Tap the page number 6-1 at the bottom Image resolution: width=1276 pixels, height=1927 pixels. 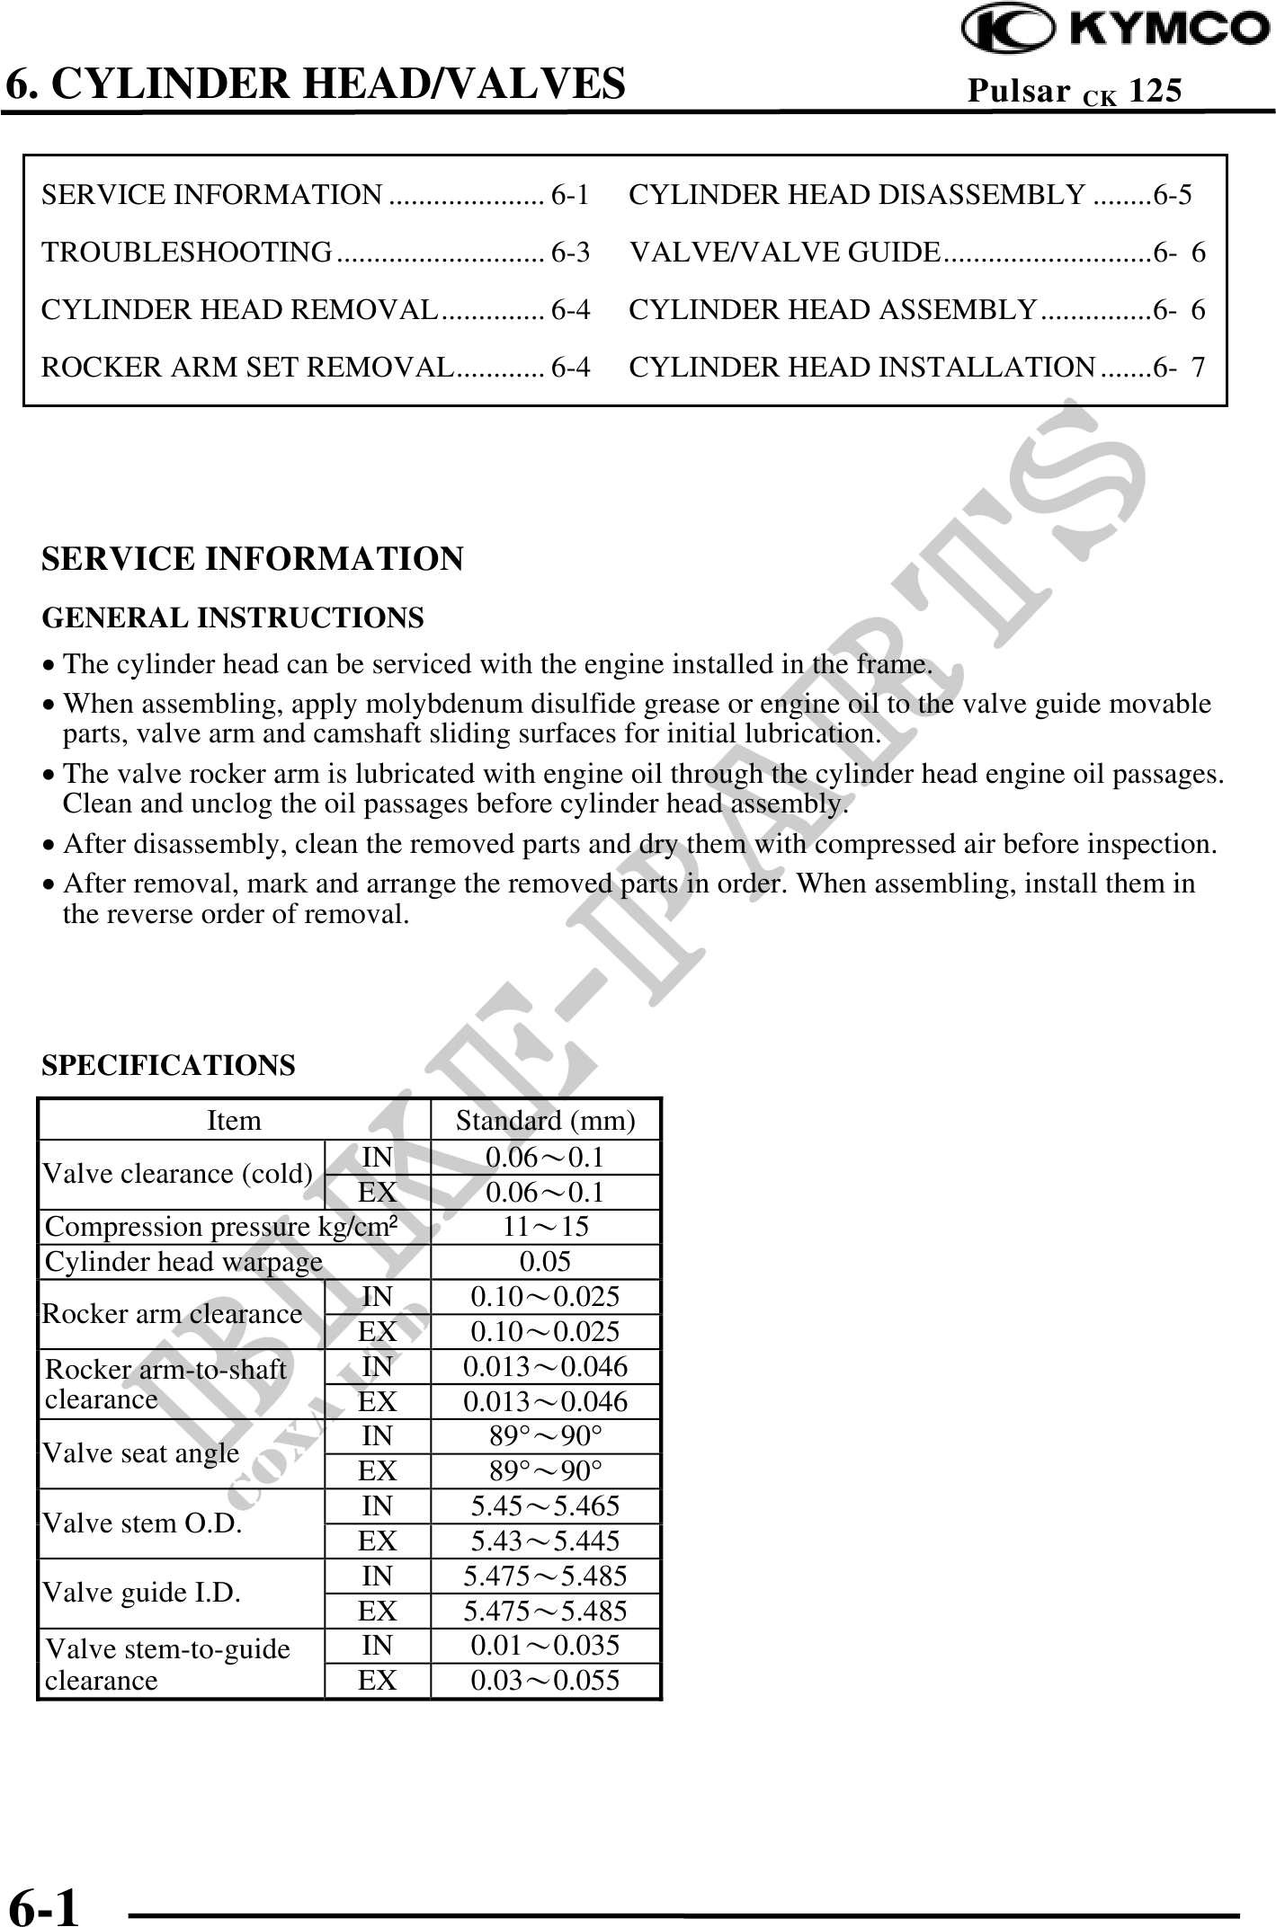click(44, 1902)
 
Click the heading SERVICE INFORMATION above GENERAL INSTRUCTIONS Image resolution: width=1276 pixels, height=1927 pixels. click(253, 559)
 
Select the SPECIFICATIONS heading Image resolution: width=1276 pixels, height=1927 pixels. click(168, 1065)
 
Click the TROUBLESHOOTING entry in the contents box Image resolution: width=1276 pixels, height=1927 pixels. click(187, 253)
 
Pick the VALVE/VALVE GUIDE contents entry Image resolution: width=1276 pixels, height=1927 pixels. click(785, 253)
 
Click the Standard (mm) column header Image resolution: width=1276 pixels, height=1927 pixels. click(545, 1121)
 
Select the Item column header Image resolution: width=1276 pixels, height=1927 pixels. click(234, 1121)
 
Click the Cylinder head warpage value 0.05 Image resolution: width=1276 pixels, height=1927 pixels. click(545, 1261)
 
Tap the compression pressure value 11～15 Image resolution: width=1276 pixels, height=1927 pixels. click(545, 1227)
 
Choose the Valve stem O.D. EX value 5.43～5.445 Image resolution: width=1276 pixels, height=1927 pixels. click(545, 1541)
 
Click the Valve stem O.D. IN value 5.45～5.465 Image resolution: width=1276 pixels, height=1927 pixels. click(545, 1505)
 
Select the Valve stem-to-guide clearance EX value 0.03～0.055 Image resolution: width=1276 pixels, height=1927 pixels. click(545, 1680)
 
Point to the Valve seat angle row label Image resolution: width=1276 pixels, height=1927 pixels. click(141, 1453)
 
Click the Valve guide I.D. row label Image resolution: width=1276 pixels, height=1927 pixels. click(142, 1593)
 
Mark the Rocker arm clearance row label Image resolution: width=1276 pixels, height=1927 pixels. click(173, 1314)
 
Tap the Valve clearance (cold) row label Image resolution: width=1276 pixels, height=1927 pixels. click(178, 1174)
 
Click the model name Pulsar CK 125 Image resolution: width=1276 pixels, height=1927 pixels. click(1075, 91)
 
